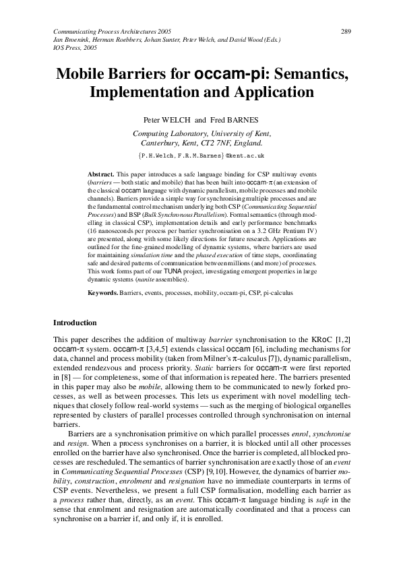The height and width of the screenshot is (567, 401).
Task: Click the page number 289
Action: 346,32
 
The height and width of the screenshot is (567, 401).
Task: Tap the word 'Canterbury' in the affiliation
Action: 164,143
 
